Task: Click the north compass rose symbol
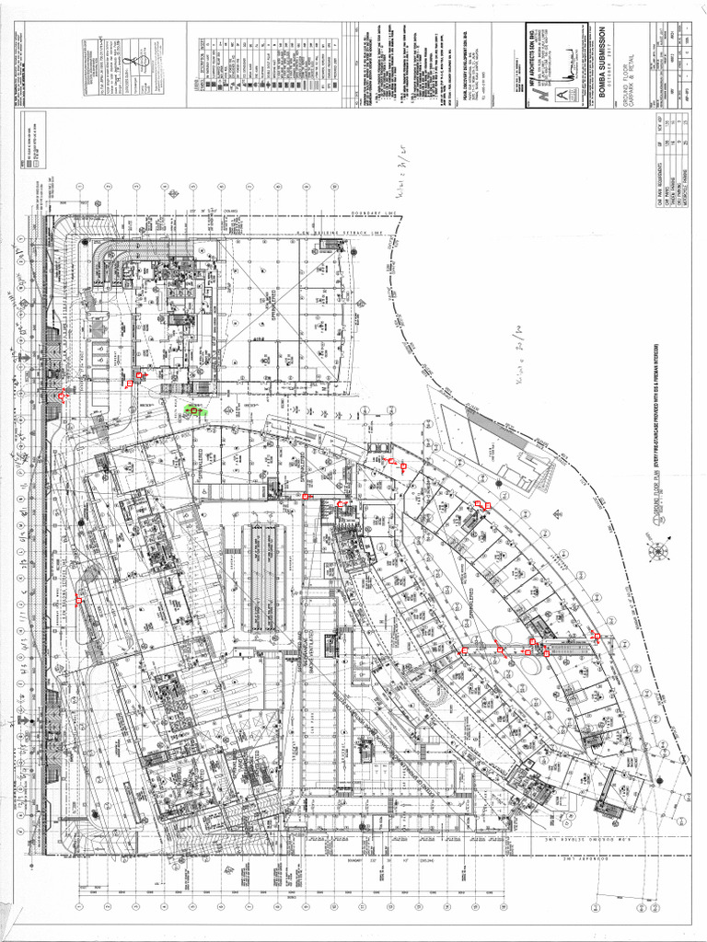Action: pos(659,552)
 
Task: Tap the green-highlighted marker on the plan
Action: pos(194,410)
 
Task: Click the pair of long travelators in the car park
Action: pos(263,579)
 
